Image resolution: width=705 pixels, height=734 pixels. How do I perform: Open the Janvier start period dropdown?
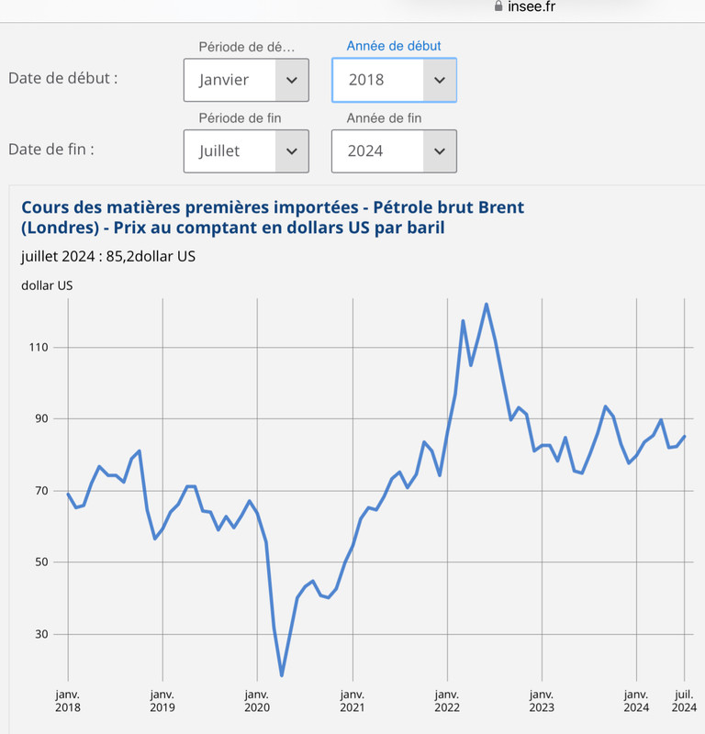246,80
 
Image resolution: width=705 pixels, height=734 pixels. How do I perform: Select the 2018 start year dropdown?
394,80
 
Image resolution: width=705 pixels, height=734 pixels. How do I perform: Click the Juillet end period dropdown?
246,151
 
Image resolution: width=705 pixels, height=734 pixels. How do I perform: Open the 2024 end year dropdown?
394,151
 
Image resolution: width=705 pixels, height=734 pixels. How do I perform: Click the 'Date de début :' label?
63,78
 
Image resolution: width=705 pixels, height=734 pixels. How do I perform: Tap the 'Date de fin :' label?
51,150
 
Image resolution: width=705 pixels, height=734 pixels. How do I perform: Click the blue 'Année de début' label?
394,46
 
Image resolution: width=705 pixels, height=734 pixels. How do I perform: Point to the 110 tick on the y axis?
39,348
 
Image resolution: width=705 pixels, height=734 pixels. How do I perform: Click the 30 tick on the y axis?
41,634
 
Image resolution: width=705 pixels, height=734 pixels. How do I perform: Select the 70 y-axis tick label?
41,491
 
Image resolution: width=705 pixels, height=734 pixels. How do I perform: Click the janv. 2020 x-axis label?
257,701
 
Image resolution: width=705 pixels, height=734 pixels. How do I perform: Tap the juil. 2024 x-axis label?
684,701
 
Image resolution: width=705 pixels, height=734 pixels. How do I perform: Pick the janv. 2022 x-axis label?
447,701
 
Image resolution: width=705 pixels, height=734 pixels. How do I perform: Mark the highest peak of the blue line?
487,305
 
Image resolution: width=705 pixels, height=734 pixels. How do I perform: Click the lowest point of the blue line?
282,675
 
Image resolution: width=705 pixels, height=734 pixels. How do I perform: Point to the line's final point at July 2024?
685,437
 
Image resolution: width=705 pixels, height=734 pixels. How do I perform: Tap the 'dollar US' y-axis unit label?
47,285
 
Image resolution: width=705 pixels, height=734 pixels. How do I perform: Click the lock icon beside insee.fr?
498,6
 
